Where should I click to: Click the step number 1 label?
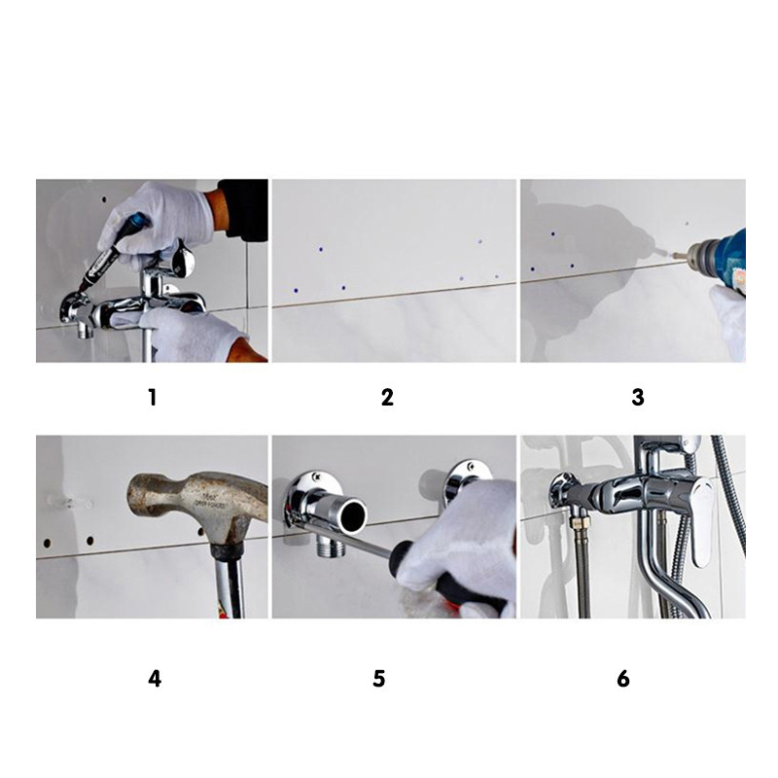tap(153, 398)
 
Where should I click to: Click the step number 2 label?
tap(387, 398)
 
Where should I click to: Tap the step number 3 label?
tap(638, 398)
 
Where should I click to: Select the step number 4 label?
tap(155, 678)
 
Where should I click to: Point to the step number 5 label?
tap(378, 678)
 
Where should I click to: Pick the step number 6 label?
tap(623, 678)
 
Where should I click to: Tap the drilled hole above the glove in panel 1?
tap(104, 200)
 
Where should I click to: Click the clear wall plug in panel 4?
tap(69, 502)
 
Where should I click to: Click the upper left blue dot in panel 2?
tap(321, 249)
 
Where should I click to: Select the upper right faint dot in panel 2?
tap(479, 241)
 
